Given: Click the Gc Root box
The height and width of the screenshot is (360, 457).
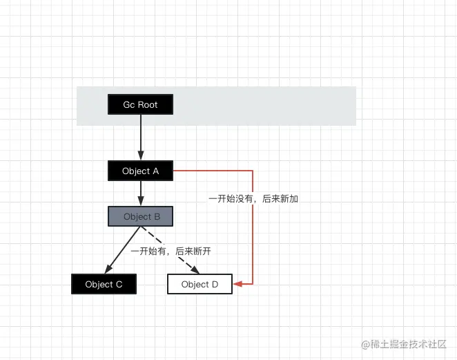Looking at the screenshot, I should pyautogui.click(x=140, y=104).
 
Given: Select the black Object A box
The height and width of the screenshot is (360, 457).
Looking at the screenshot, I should pyautogui.click(x=140, y=171).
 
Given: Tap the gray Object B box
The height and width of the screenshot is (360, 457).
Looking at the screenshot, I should pyautogui.click(x=140, y=216).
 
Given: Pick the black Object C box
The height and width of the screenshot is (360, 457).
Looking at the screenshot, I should pyautogui.click(x=104, y=284).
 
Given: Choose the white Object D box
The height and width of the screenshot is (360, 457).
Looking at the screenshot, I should pyautogui.click(x=200, y=284).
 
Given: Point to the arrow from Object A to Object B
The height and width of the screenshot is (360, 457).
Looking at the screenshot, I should pyautogui.click(x=140, y=193).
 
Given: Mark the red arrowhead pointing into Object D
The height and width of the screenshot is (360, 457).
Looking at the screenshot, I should pyautogui.click(x=237, y=284).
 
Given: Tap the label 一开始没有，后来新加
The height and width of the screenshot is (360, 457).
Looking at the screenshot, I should pyautogui.click(x=253, y=198).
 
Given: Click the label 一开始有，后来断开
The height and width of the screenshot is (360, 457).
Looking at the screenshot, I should pyautogui.click(x=171, y=252).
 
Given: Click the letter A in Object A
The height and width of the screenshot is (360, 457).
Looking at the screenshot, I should pyautogui.click(x=155, y=171).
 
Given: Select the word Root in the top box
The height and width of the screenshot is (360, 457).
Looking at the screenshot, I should pyautogui.click(x=148, y=104).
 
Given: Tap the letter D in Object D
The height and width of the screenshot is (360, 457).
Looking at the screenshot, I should pyautogui.click(x=214, y=284).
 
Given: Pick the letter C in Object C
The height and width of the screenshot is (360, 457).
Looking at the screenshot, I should pyautogui.click(x=119, y=284).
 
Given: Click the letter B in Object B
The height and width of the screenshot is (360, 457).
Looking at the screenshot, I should pyautogui.click(x=157, y=216).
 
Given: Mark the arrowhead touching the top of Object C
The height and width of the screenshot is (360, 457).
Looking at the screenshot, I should pyautogui.click(x=108, y=269).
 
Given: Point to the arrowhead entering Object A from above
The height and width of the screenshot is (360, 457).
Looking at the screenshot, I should pyautogui.click(x=140, y=157).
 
